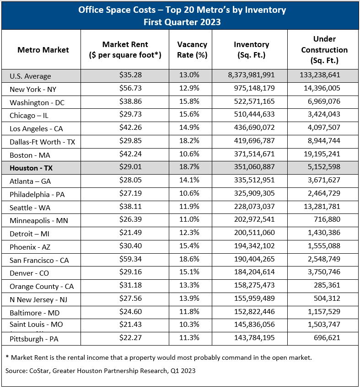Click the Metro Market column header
[43, 50]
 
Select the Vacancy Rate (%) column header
[192, 50]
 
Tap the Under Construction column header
[324, 50]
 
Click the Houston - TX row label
[31, 168]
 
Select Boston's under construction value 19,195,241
[321, 155]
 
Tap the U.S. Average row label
[30, 76]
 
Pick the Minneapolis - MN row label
[38, 221]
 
